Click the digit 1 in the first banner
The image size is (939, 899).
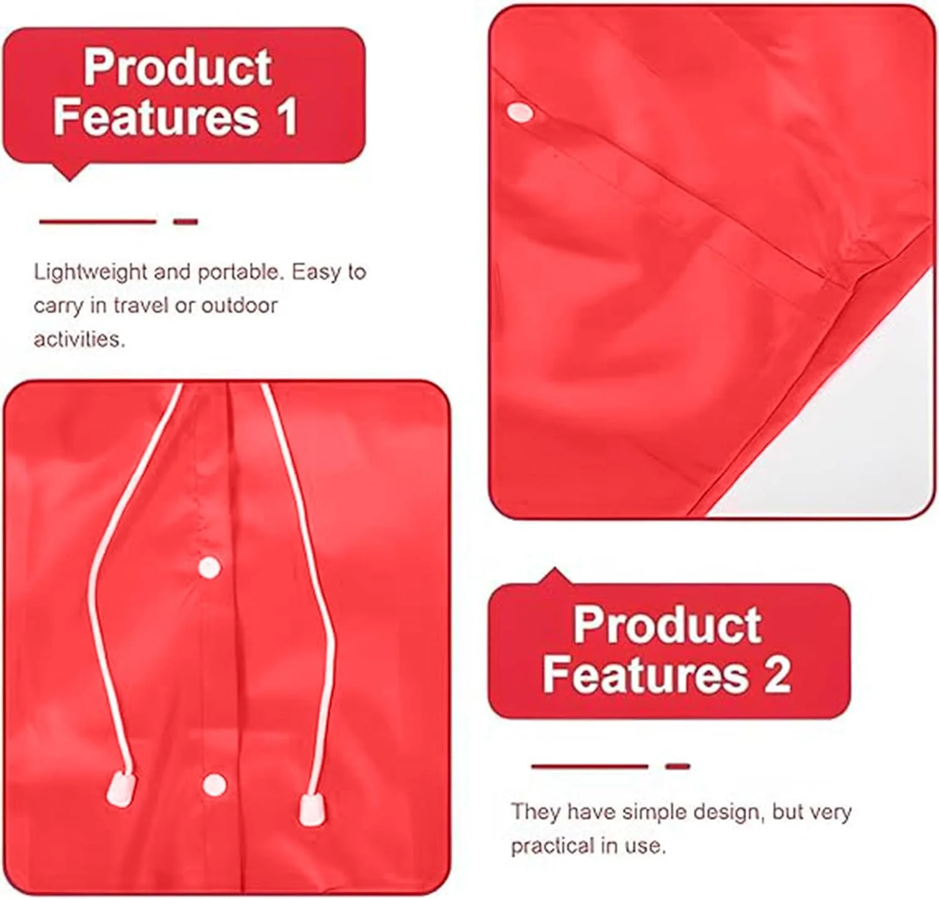pos(289,117)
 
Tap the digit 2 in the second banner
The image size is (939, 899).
pos(777,674)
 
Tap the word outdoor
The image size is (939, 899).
pos(240,306)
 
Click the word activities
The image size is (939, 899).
pos(80,339)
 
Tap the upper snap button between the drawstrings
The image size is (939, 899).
pos(210,568)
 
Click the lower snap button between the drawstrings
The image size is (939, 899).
pos(214,784)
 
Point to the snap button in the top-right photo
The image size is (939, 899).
pos(520,113)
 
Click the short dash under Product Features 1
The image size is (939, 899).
pos(186,222)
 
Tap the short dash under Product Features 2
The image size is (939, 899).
pos(678,766)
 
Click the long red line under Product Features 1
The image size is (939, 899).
pos(97,222)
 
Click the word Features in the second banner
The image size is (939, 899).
pos(645,674)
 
